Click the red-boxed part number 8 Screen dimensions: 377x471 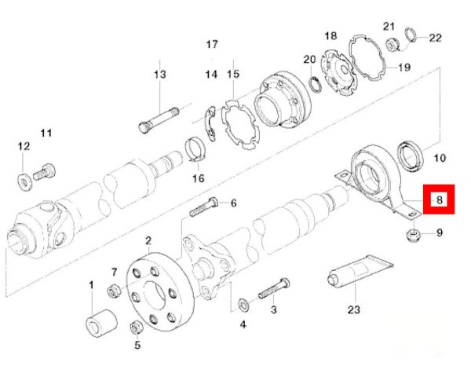(x=440, y=200)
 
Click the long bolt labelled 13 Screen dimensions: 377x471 (x=160, y=109)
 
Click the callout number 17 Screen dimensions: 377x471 (x=211, y=44)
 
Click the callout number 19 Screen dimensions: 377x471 (x=404, y=68)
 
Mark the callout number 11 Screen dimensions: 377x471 (x=46, y=132)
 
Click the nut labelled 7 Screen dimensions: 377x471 (x=114, y=290)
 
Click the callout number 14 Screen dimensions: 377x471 (x=211, y=75)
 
